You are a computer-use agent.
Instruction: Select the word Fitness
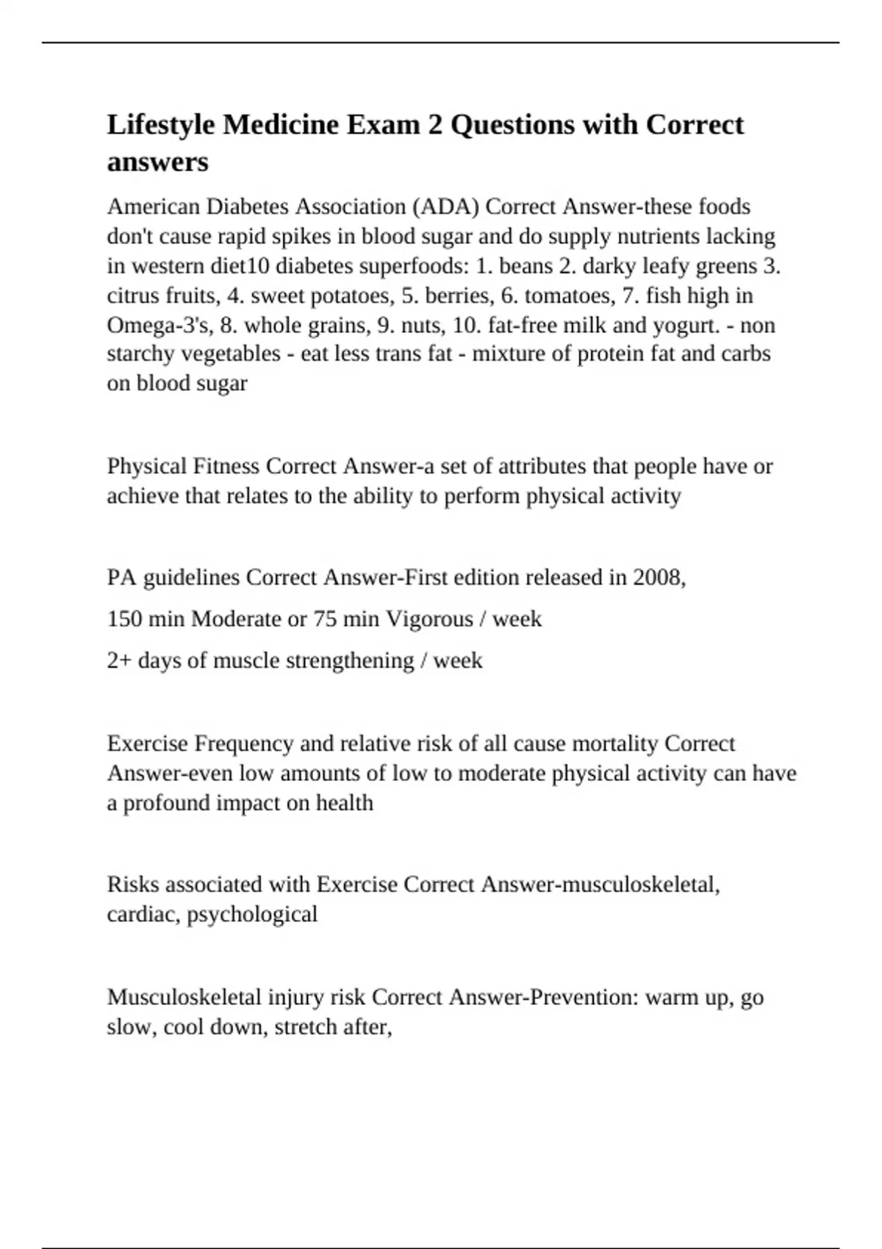tap(226, 467)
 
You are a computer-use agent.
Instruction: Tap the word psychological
tap(252, 914)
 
